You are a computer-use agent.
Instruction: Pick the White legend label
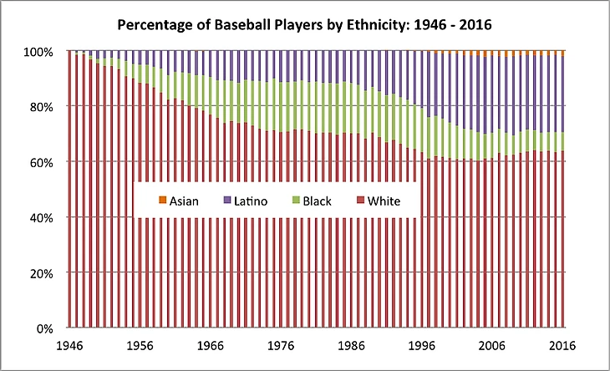(378, 201)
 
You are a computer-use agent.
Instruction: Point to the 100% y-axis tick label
(38, 52)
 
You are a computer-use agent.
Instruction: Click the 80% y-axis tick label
(40, 107)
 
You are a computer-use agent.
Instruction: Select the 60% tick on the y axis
(40, 162)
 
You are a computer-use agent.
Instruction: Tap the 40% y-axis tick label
(40, 217)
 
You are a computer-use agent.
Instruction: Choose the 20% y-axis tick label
(40, 273)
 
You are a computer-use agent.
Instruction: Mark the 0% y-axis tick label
(43, 328)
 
